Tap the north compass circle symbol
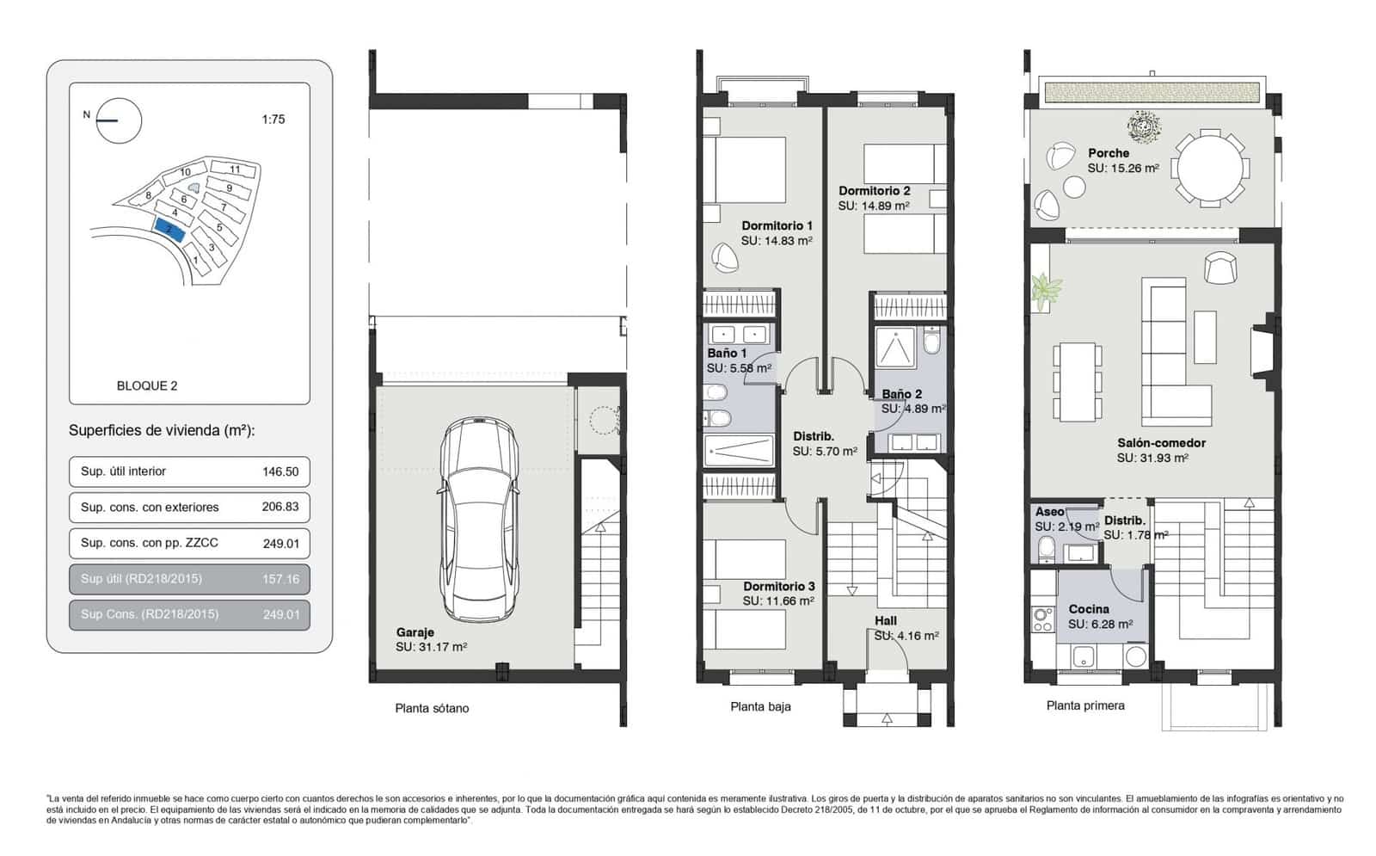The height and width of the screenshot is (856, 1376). tap(119, 120)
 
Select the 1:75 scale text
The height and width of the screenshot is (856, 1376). tap(273, 120)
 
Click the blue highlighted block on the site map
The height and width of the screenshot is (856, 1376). tap(169, 229)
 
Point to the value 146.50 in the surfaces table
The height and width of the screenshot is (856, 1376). tap(280, 471)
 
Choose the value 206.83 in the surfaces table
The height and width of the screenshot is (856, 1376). tap(280, 507)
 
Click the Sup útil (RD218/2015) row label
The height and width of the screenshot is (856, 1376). tap(141, 578)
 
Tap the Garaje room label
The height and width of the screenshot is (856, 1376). tap(415, 632)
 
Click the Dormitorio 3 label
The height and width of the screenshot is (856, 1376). tap(778, 586)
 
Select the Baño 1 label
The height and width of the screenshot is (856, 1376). tap(727, 353)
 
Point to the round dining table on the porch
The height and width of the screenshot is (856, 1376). tap(1210, 168)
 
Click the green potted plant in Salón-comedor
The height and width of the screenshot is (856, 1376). tap(1046, 291)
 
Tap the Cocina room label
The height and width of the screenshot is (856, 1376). tap(1088, 609)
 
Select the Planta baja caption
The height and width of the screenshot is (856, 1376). tap(760, 706)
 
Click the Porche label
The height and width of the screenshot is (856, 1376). tap(1109, 153)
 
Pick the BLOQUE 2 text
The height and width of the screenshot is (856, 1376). tap(147, 385)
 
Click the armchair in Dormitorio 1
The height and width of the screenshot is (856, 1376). tap(725, 256)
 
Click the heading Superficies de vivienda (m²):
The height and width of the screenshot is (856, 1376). tap(162, 430)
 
